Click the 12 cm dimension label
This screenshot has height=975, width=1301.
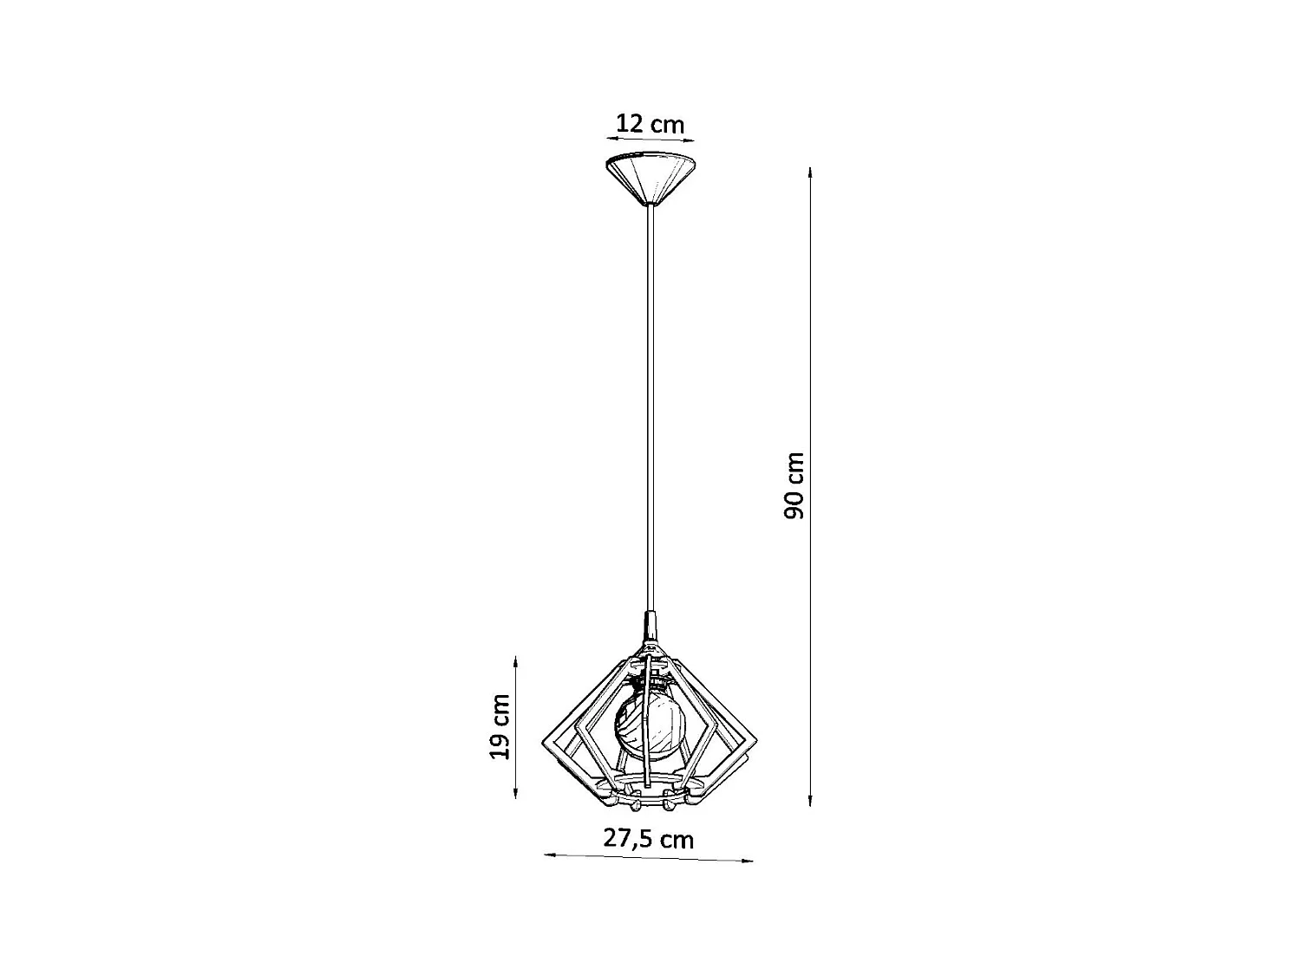pos(650,124)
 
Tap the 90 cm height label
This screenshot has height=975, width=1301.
pos(794,485)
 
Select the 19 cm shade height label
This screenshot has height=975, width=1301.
pos(499,726)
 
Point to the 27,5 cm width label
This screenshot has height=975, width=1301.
pos(649,839)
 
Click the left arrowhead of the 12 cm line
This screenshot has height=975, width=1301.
pos(609,136)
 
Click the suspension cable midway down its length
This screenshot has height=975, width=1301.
pos(650,407)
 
